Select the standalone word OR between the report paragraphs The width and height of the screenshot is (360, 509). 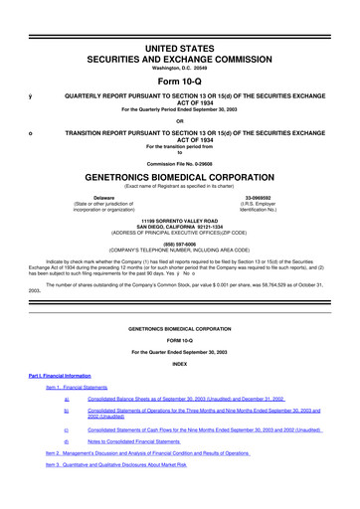coord(179,120)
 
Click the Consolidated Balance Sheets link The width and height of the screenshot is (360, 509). coord(186,398)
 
